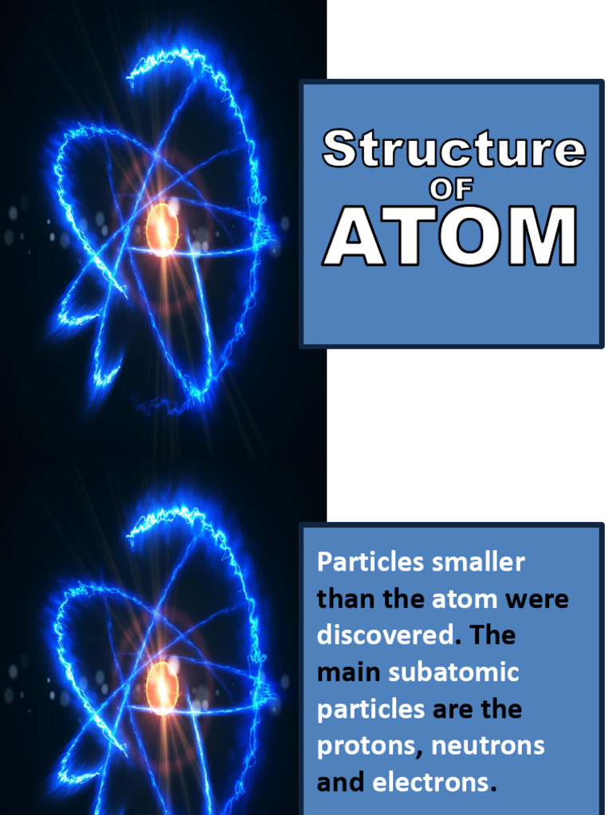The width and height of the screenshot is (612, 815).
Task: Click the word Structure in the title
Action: coord(453,150)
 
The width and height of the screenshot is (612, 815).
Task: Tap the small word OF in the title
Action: coord(452,189)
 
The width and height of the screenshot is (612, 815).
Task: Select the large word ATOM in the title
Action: coord(450,236)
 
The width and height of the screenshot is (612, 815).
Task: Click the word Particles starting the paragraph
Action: coord(371,562)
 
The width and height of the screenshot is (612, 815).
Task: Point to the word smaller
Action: coord(478,562)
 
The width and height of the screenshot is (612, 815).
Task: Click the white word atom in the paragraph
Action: coord(465,599)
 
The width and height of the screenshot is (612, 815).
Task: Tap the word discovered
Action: coord(385,635)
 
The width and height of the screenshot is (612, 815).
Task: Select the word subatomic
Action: coord(453,672)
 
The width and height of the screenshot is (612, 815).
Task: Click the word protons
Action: coord(367,746)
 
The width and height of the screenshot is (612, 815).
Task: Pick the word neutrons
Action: coord(488,746)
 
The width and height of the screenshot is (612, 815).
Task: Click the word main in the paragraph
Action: coord(348,672)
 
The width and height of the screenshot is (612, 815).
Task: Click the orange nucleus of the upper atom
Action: coord(162,229)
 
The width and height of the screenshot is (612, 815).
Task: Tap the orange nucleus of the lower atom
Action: coord(162,687)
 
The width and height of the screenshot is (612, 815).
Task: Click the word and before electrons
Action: coord(341,782)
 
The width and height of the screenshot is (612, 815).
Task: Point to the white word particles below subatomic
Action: coord(371,709)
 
